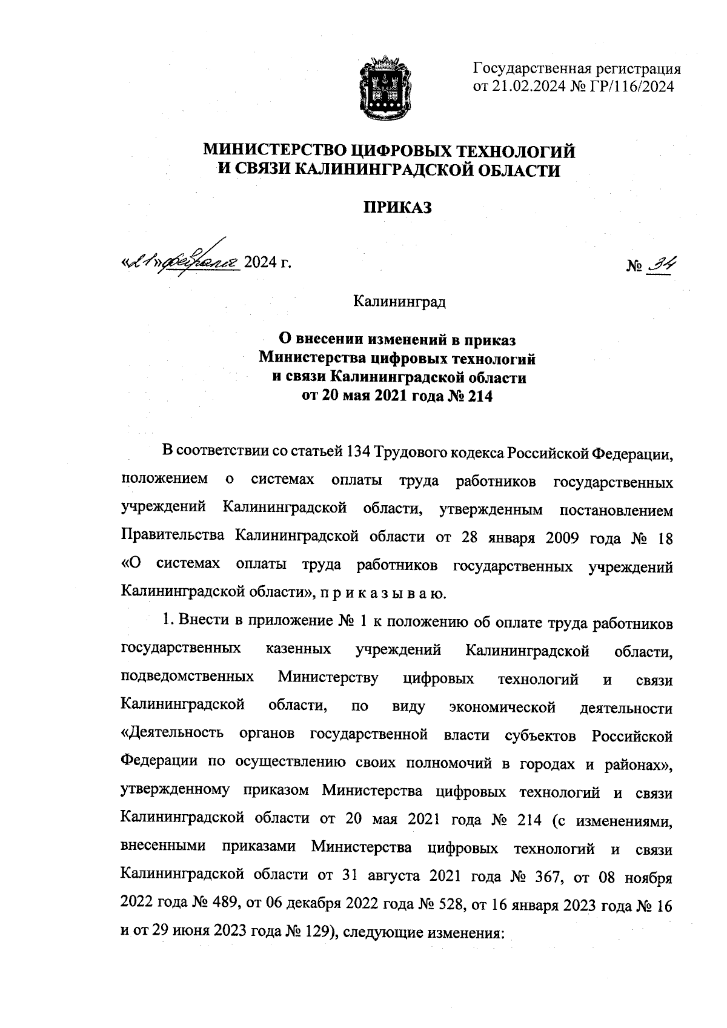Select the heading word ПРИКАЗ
pyautogui.click(x=397, y=208)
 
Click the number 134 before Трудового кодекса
pyautogui.click(x=358, y=453)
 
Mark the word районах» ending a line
pyautogui.click(x=638, y=764)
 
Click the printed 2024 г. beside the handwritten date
pyautogui.click(x=267, y=263)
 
